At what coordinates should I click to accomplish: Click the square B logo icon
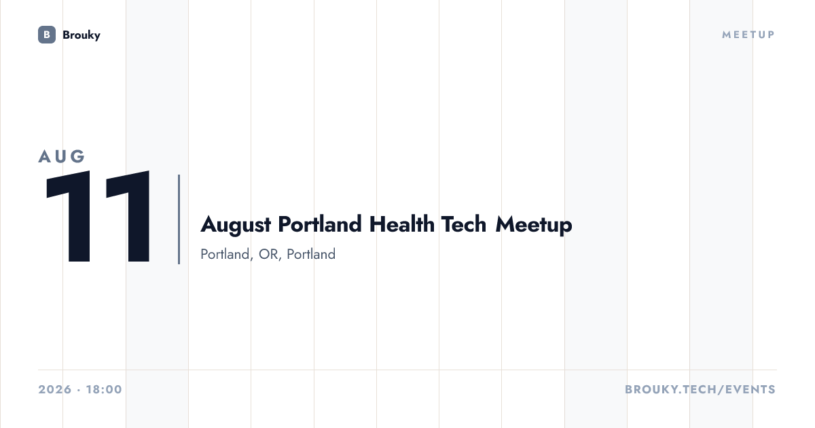[x=47, y=35]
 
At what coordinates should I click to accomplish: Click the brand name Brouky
[x=81, y=35]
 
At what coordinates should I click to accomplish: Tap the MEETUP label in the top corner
[x=748, y=35]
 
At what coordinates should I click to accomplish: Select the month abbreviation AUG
[x=62, y=156]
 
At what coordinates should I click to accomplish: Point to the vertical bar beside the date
[x=179, y=219]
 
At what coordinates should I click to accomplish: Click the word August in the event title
[x=236, y=225]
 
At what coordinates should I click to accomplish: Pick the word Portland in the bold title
[x=320, y=224]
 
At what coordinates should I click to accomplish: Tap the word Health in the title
[x=401, y=224]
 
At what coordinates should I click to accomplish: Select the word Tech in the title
[x=463, y=224]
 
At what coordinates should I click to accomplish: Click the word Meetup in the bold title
[x=534, y=226]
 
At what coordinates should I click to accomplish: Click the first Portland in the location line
[x=226, y=254]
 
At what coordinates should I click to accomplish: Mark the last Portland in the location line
[x=311, y=254]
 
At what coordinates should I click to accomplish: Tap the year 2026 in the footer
[x=55, y=389]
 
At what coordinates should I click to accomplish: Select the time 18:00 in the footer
[x=104, y=389]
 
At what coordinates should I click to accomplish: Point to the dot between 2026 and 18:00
[x=79, y=390]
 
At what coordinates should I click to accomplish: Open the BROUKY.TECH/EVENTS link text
[x=700, y=389]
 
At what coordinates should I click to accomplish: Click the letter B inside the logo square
[x=47, y=35]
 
